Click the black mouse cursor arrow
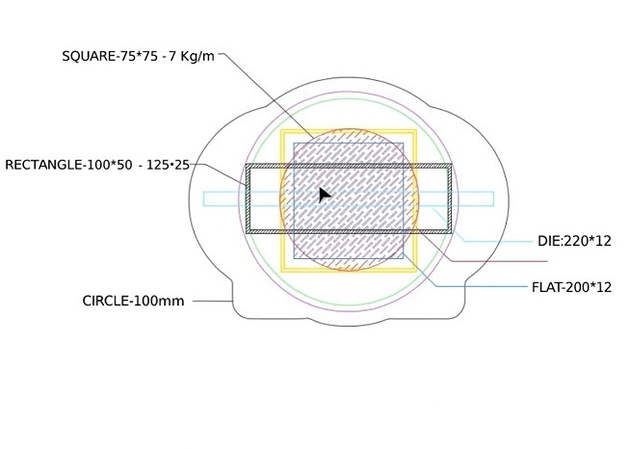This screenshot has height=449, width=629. [324, 195]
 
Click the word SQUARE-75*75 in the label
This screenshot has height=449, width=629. [110, 56]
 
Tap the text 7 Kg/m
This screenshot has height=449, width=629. [192, 56]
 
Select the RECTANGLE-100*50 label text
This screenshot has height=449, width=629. [68, 165]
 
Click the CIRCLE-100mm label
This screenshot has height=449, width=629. [133, 301]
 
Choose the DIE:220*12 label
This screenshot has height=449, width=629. [574, 241]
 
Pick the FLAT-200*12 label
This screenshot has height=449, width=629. [571, 287]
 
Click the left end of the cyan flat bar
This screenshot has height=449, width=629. [204, 199]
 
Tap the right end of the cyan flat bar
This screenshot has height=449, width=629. [493, 199]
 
